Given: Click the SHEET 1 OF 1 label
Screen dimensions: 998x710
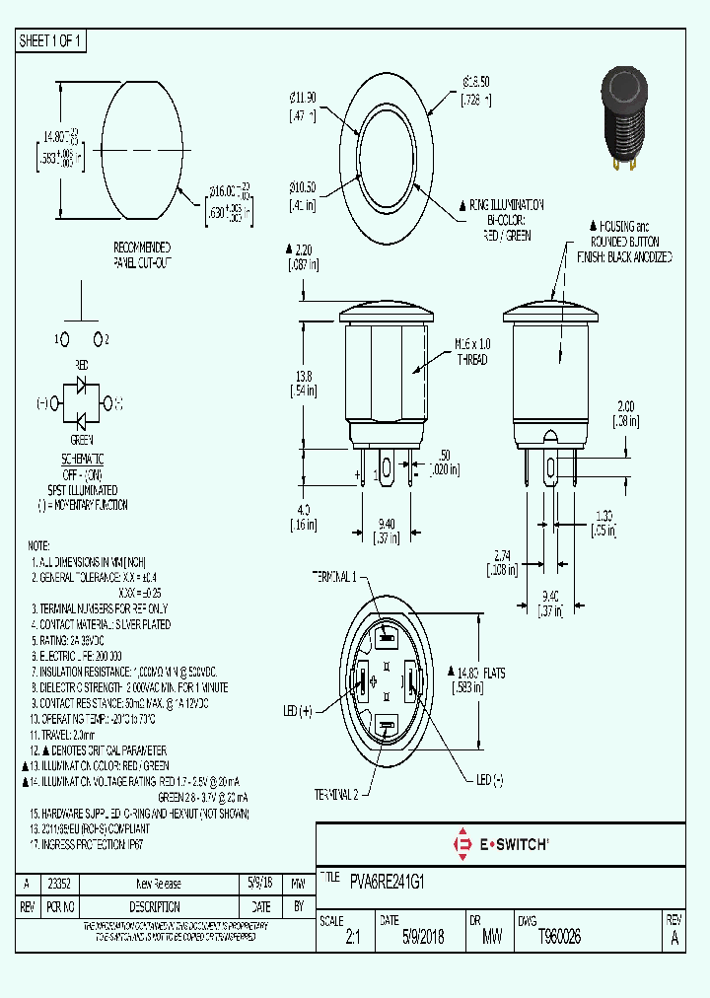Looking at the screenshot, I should tap(52, 41).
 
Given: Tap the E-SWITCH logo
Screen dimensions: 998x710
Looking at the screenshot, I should tap(500, 844).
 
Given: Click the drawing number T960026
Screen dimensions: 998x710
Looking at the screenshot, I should tap(559, 938).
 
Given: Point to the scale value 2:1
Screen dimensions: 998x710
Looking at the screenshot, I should tap(353, 939).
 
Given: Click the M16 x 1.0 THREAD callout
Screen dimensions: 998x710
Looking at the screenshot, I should tap(471, 352).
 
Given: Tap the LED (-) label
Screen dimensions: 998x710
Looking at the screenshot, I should tap(490, 780).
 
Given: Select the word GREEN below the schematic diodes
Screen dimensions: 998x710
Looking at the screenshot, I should tap(82, 441).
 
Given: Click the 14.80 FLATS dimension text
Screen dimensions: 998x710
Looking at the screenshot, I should tap(479, 674).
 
